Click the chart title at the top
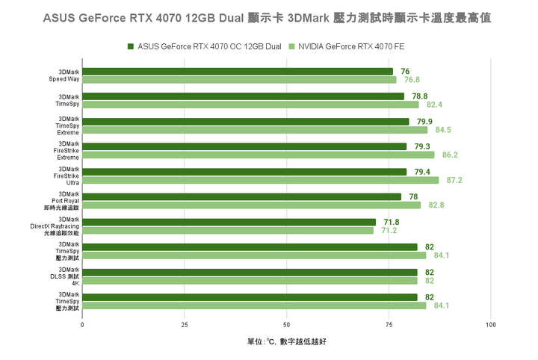pos(269,16)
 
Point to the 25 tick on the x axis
pos(185,325)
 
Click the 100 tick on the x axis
pos(490,325)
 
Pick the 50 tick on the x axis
pos(286,325)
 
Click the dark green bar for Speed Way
pos(237,71)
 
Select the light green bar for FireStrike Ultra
pos(260,180)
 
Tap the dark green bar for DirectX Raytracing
pos(229,222)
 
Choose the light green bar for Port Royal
pos(251,205)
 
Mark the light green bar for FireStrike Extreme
pos(258,155)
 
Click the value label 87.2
pos(454,180)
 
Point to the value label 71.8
pos(391,222)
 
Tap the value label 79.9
pos(424,121)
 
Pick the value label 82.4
pos(434,105)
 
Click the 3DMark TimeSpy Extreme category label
pos(68,125)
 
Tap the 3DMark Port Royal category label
pos(68,201)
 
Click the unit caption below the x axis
pos(286,341)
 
